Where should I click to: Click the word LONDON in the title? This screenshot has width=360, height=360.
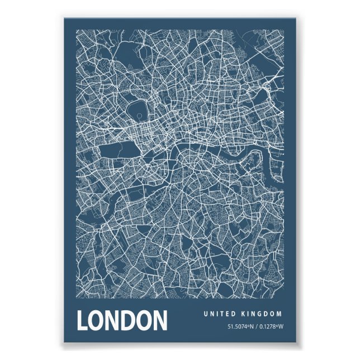pyautogui.click(x=122, y=321)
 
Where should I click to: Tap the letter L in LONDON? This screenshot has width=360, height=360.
pyautogui.click(x=83, y=321)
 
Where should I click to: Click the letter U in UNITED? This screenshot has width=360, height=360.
pyautogui.click(x=205, y=314)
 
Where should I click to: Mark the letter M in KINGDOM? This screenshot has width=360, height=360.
pyautogui.click(x=280, y=314)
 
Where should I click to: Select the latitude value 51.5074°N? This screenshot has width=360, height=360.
pyautogui.click(x=240, y=327)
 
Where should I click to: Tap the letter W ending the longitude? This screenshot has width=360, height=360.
pyautogui.click(x=282, y=327)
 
